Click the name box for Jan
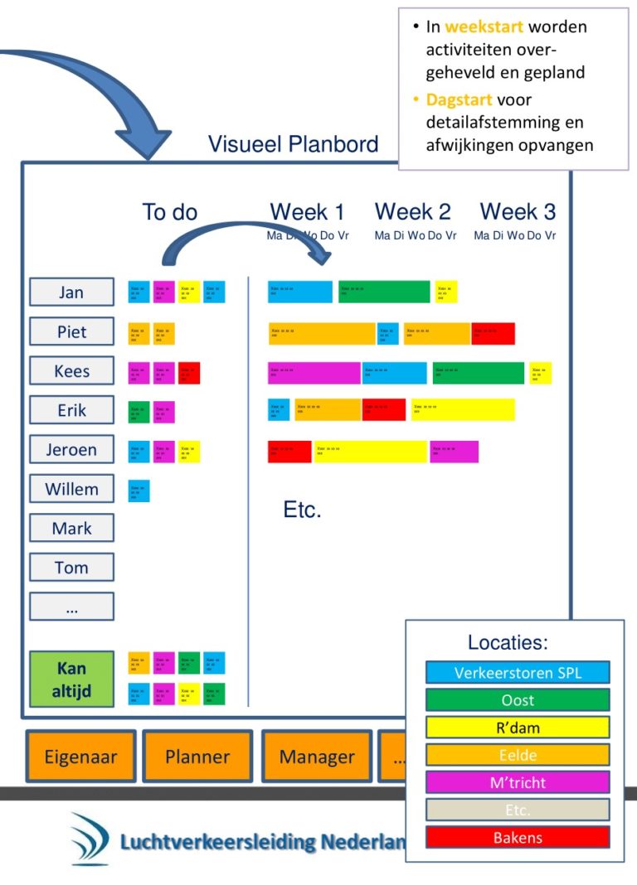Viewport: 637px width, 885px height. pyautogui.click(x=71, y=293)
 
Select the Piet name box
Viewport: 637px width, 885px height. pyautogui.click(x=71, y=332)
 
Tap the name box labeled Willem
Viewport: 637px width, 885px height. pyautogui.click(x=71, y=489)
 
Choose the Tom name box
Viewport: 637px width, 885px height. pyautogui.click(x=71, y=568)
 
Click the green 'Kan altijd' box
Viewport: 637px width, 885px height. pyautogui.click(x=71, y=679)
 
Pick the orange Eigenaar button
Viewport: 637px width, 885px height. pyautogui.click(x=80, y=756)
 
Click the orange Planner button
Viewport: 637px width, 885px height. pyautogui.click(x=197, y=756)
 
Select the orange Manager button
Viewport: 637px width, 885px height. pyautogui.click(x=317, y=756)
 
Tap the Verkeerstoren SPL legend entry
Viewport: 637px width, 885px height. pyautogui.click(x=518, y=672)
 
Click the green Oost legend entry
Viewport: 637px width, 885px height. pyautogui.click(x=518, y=700)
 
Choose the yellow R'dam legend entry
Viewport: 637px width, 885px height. pyautogui.click(x=518, y=728)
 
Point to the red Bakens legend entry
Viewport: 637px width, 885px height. pyautogui.click(x=518, y=837)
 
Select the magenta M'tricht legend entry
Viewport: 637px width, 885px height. pyautogui.click(x=518, y=782)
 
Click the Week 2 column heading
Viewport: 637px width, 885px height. pyautogui.click(x=413, y=212)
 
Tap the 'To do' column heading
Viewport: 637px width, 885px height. pyautogui.click(x=170, y=212)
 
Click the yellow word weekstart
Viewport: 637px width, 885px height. pyautogui.click(x=484, y=27)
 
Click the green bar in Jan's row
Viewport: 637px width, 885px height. pyautogui.click(x=384, y=293)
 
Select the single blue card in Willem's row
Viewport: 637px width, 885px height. pyautogui.click(x=139, y=491)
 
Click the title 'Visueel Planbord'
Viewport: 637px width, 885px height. pyautogui.click(x=293, y=144)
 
